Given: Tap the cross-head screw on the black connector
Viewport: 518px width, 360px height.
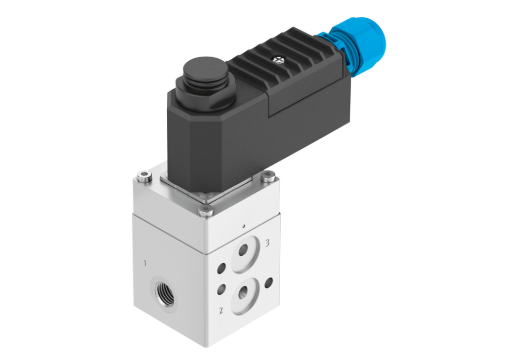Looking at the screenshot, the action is (279, 60).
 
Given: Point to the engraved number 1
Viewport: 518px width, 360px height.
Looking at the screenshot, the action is (145, 263).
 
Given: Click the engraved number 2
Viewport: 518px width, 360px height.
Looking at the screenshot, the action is (221, 310).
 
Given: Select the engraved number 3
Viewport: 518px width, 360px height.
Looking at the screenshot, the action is (267, 243).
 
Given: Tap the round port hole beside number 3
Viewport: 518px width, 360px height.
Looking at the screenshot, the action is (244, 250).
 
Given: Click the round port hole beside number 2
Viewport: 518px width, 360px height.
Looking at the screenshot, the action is (243, 292).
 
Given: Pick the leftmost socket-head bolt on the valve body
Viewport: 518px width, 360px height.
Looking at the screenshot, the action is (144, 177).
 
